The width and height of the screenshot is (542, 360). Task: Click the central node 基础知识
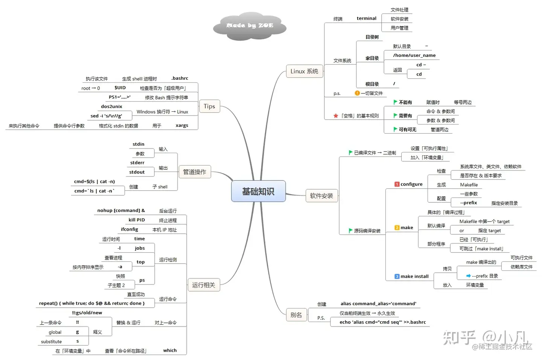(258, 191)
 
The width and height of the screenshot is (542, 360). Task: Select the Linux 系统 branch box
(304, 71)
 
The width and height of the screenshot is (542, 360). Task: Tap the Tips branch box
(209, 106)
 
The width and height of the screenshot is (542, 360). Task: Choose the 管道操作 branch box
(194, 172)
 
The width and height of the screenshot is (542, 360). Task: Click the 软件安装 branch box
(321, 196)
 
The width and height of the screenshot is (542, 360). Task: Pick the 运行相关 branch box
(203, 285)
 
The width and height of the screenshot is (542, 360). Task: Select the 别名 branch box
(296, 315)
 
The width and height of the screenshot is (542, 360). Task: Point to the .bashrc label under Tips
(180, 78)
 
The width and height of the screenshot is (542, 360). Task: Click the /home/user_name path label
(414, 55)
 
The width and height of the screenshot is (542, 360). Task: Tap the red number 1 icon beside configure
(397, 184)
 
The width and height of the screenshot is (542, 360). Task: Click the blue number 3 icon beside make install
(397, 276)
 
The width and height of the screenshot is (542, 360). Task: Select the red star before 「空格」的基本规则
(336, 116)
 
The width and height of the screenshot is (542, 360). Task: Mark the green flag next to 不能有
(395, 102)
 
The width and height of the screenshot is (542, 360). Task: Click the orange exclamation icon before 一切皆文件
(357, 93)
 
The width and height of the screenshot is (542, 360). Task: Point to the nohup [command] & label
(121, 211)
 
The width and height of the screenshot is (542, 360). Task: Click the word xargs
(182, 126)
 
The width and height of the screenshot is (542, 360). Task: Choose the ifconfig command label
(129, 229)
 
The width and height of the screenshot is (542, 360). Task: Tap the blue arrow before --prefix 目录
(468, 276)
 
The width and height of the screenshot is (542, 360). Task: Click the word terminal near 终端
(366, 18)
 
